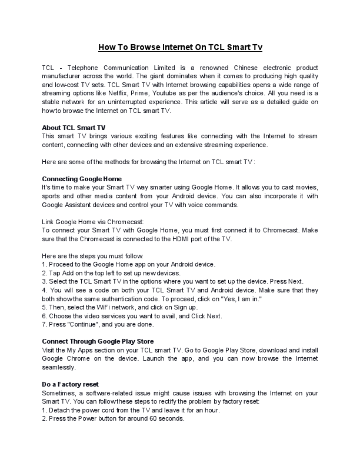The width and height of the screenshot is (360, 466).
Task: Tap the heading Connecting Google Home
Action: click(82, 178)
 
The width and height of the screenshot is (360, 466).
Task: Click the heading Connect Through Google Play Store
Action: click(98, 341)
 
